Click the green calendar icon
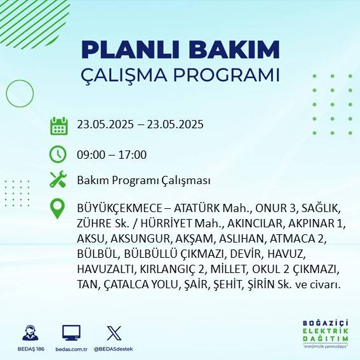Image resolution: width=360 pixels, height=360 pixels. (58, 125)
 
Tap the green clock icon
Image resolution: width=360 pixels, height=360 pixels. (58, 154)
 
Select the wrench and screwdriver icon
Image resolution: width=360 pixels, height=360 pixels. (58, 180)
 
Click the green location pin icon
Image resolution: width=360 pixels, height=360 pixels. (58, 208)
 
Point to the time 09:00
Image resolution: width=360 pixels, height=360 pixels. (90, 154)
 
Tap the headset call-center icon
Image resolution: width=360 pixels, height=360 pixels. (29, 333)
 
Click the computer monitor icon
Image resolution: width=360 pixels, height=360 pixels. (70, 333)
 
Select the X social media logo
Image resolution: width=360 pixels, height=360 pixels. (113, 333)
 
